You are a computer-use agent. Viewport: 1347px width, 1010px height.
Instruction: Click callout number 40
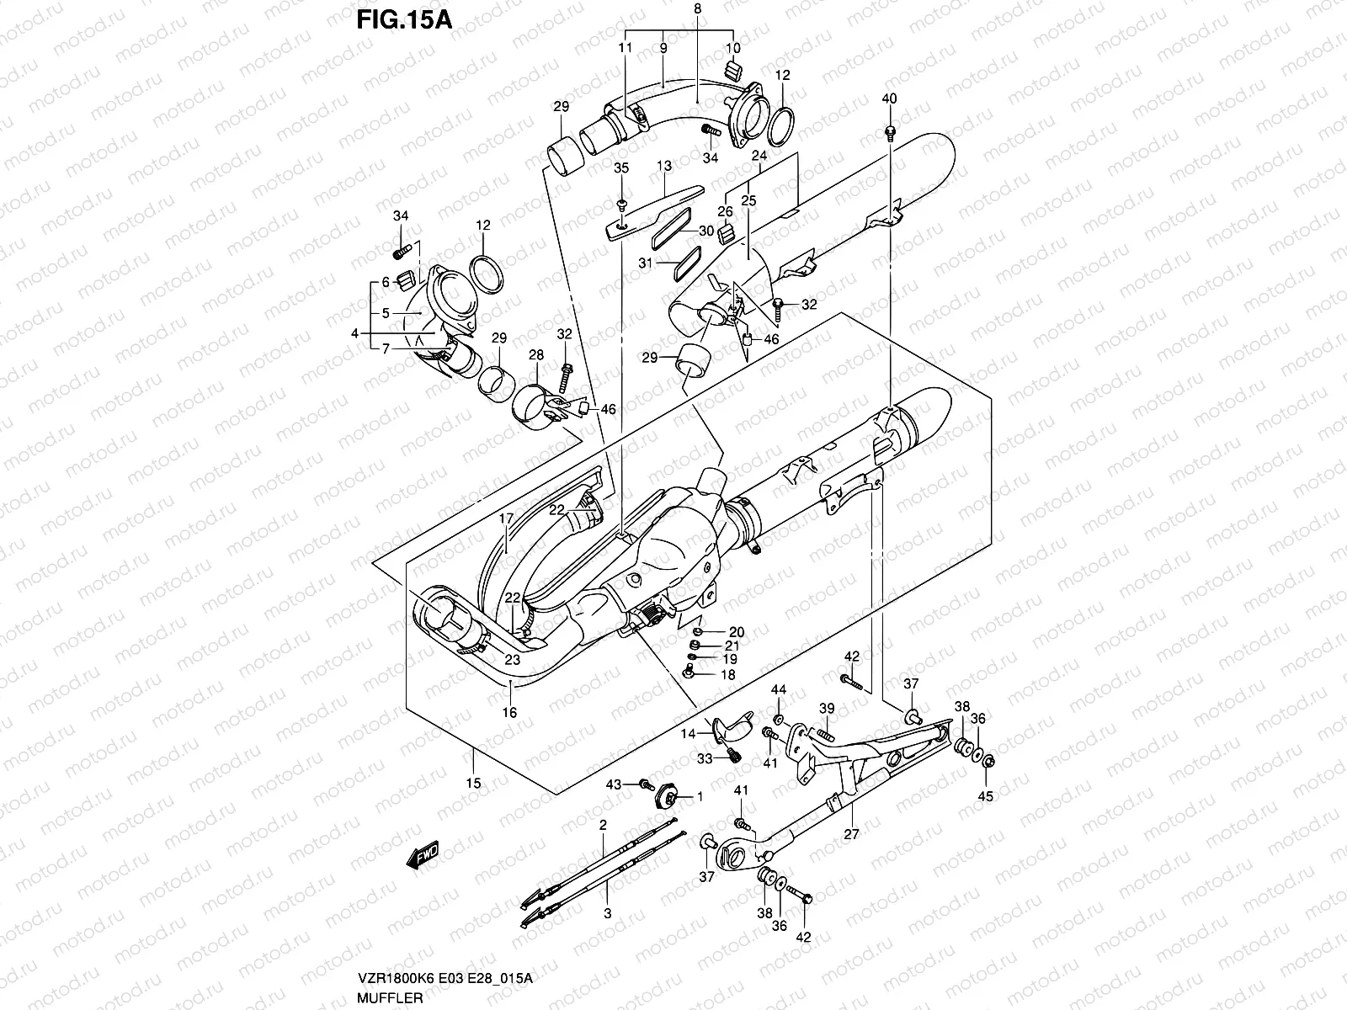coord(890,98)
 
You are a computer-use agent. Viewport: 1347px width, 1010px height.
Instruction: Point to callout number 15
coord(473,783)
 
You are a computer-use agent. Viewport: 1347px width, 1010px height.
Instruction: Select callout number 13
coord(664,166)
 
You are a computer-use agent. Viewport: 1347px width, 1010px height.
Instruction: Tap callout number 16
coord(509,712)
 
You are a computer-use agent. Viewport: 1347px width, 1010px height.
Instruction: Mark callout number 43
coord(613,784)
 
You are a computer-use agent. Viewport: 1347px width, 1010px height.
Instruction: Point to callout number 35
coord(621,168)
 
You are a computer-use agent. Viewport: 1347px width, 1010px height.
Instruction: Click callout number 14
coord(689,734)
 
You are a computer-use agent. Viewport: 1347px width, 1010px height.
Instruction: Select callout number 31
coord(644,263)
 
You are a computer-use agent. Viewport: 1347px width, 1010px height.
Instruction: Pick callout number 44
coord(779,690)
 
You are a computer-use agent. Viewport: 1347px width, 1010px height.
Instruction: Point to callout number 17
coord(505,519)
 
